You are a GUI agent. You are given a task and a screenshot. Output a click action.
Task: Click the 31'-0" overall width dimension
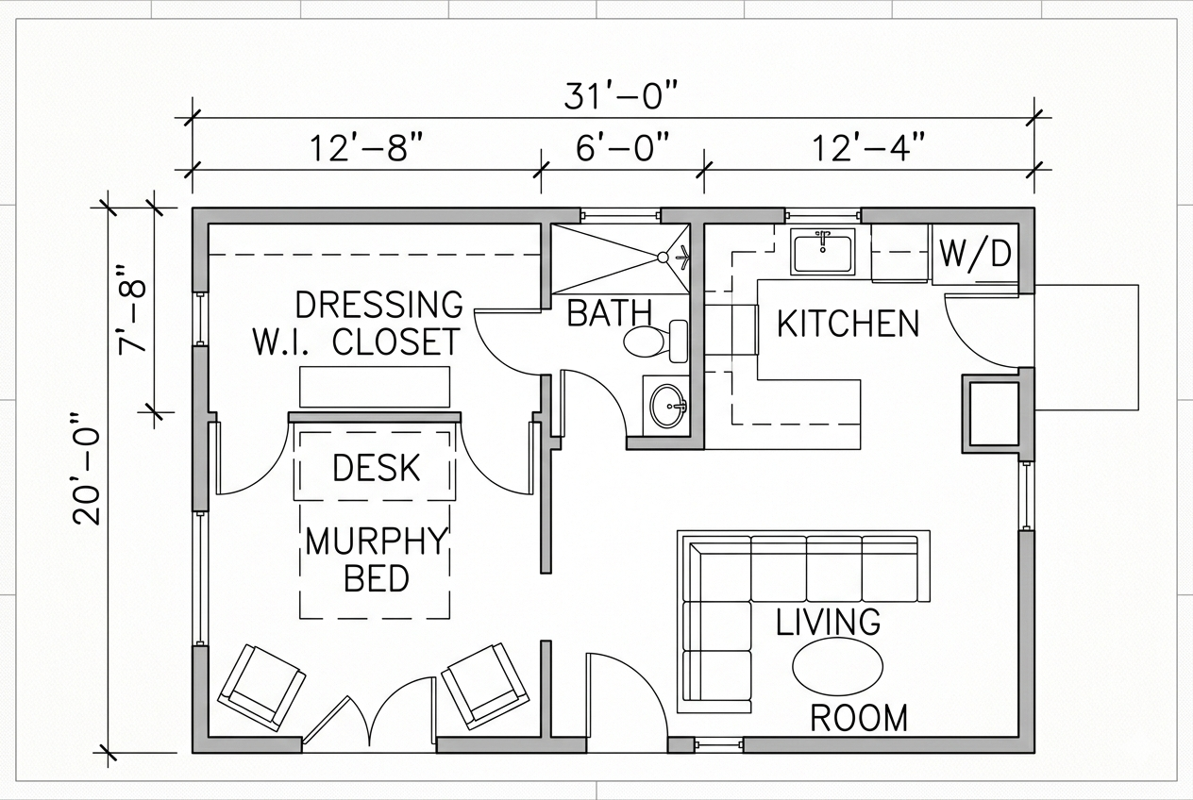click(x=621, y=97)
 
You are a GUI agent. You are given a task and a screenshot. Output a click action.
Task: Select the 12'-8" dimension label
click(x=366, y=148)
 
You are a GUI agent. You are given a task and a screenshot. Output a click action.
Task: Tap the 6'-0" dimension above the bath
click(x=622, y=148)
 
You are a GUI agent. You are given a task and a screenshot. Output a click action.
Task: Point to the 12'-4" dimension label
click(x=868, y=148)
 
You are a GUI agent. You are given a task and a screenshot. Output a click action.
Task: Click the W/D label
click(x=975, y=254)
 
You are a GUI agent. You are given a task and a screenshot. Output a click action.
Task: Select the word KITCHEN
click(x=848, y=324)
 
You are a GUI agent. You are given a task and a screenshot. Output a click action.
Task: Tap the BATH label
click(x=609, y=313)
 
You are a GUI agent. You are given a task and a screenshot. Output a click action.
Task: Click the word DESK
click(x=377, y=467)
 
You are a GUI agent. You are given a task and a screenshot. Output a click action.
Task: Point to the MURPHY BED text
click(x=376, y=558)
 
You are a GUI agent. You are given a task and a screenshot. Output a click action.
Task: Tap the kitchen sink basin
click(x=823, y=253)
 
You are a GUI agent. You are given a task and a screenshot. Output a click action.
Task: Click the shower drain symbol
click(x=664, y=257)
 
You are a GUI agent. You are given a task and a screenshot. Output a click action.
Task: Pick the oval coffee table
click(x=837, y=666)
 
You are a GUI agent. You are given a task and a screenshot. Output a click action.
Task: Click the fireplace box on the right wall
click(x=994, y=413)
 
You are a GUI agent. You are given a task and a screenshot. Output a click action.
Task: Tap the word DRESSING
click(x=379, y=305)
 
